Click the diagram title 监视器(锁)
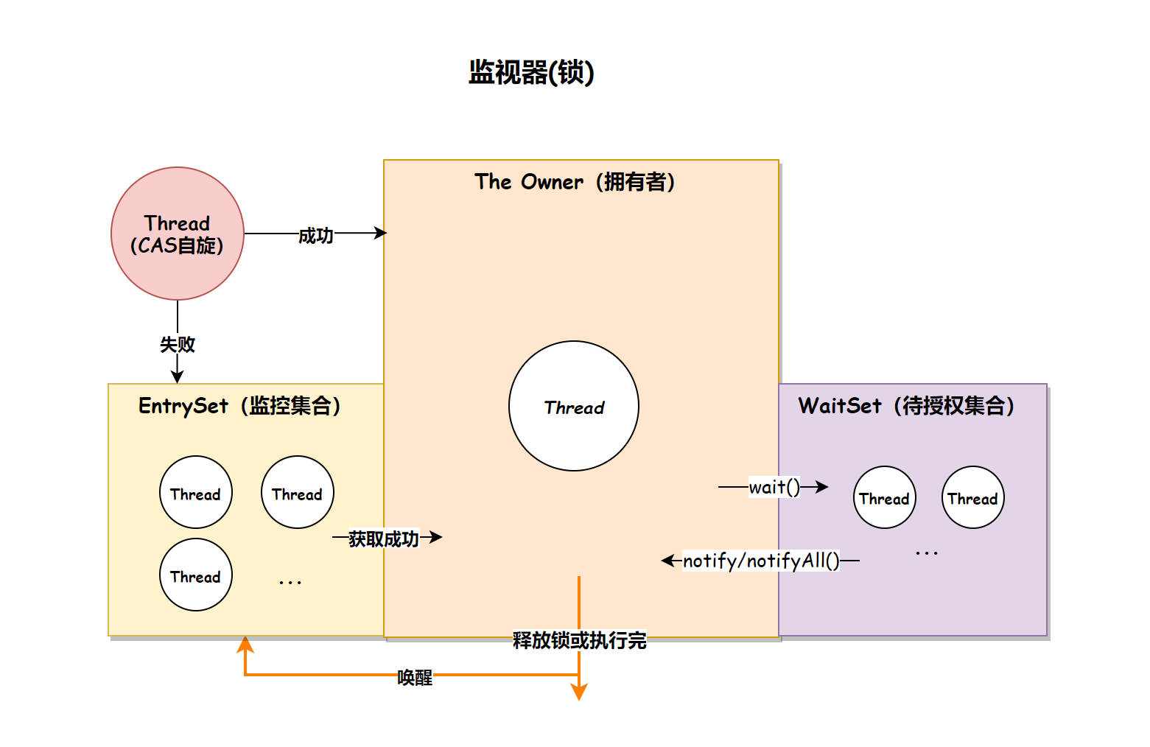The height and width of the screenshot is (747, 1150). click(531, 72)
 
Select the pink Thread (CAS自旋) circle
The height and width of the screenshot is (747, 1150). click(178, 234)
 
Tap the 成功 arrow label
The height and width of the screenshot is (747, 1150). click(316, 236)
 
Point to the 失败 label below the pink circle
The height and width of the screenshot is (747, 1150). click(178, 344)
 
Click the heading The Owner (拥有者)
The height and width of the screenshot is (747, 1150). click(575, 182)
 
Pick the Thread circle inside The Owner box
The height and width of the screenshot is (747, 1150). click(574, 407)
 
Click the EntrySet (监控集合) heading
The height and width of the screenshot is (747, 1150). click(239, 406)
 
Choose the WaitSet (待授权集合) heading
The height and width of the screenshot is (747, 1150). click(906, 406)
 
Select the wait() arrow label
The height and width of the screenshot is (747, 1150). click(774, 487)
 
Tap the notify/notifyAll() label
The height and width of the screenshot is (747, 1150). click(761, 561)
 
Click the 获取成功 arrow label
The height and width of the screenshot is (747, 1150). click(384, 539)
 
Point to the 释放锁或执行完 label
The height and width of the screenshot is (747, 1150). click(580, 640)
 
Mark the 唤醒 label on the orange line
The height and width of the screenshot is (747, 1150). click(415, 678)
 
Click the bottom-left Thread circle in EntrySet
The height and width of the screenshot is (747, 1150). click(196, 575)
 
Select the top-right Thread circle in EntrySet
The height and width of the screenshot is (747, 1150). click(298, 493)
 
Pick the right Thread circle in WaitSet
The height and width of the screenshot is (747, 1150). click(973, 498)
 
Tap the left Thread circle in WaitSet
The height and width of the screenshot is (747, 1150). click(885, 498)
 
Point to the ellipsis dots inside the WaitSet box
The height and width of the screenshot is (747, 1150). click(927, 553)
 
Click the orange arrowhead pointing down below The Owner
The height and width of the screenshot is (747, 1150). click(579, 692)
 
